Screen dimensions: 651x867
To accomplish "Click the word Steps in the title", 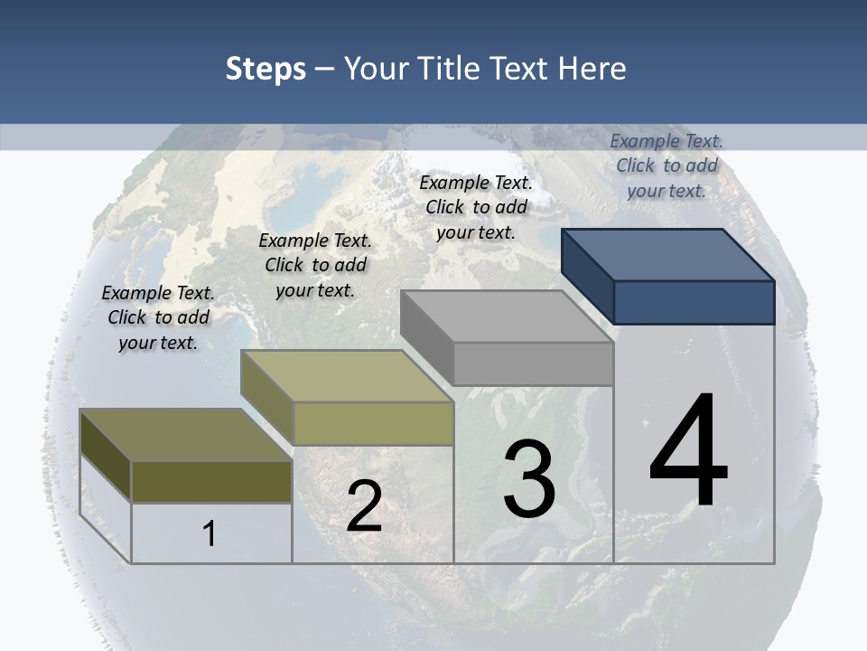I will [266, 69].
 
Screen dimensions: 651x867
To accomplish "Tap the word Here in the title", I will [592, 69].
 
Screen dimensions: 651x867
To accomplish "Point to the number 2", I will [364, 506].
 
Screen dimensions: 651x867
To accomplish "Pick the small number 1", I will [209, 533].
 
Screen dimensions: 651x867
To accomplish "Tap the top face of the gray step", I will [507, 316].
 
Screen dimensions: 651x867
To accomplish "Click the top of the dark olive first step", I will [186, 435].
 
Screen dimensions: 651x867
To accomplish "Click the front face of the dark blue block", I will [694, 302].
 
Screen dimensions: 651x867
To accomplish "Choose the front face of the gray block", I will [533, 363].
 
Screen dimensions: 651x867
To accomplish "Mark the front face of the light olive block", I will [373, 423].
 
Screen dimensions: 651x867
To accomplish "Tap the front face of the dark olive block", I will [211, 481].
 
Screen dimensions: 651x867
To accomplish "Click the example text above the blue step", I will [667, 165].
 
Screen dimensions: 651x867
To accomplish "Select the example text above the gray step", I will [476, 207].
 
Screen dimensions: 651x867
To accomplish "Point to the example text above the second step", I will [315, 265].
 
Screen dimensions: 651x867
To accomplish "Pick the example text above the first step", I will [158, 317].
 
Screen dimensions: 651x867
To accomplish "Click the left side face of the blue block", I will [587, 276].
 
